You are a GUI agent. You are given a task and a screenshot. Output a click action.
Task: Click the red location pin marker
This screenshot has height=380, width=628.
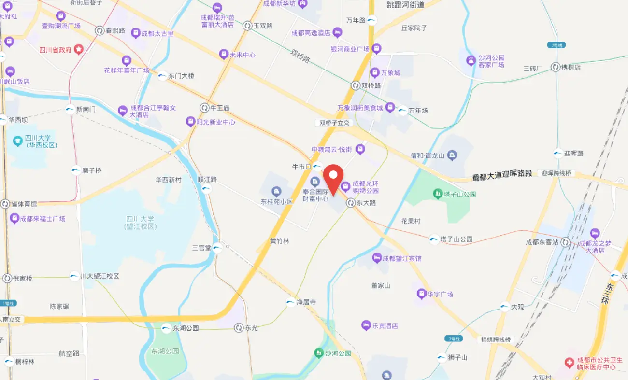333,179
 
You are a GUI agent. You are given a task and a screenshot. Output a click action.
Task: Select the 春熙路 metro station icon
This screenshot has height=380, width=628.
100,30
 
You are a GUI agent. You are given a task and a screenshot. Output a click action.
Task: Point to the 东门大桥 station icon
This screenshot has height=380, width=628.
162,76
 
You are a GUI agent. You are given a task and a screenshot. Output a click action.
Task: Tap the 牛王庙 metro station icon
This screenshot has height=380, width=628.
204,108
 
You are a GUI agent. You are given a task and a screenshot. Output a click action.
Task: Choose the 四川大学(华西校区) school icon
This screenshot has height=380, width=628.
18,141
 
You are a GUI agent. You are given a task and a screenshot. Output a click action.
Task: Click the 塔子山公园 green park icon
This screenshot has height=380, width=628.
437,194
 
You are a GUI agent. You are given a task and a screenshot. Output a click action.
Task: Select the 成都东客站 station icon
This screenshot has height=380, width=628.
565,242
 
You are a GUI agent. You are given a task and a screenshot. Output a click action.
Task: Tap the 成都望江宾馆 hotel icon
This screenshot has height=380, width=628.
377,258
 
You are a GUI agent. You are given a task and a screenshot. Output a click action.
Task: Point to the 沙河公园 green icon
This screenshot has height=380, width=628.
318,353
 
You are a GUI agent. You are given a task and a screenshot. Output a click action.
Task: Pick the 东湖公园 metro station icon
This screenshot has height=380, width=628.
167,328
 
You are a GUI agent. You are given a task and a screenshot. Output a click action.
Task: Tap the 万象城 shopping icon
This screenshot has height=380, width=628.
375,73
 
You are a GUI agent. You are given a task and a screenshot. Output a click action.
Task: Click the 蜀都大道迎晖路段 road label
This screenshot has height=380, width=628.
502,173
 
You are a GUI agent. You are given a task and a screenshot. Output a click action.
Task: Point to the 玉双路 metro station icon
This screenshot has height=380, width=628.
247,26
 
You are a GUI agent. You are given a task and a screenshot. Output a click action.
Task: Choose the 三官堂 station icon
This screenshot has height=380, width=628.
217,248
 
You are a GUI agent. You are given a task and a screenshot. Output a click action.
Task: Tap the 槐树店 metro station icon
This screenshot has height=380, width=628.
555,67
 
